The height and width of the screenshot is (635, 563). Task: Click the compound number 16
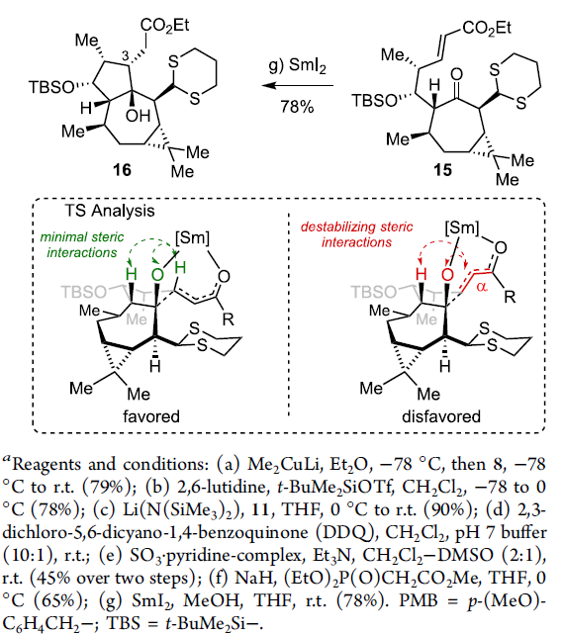click(122, 169)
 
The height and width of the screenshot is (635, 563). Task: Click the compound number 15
click(442, 170)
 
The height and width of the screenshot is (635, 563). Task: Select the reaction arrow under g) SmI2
click(298, 85)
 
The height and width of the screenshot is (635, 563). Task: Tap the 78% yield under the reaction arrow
click(297, 107)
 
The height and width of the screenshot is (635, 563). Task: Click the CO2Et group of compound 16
click(164, 26)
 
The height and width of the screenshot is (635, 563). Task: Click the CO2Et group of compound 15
click(487, 29)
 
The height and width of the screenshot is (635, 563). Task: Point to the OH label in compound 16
click(138, 117)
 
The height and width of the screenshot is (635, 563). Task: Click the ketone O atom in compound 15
click(456, 74)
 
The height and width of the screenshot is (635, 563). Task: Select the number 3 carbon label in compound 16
click(126, 56)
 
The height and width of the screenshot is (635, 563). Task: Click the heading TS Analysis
click(110, 211)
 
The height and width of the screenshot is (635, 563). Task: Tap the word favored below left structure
click(151, 416)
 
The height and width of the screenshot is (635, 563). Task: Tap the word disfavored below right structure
click(441, 416)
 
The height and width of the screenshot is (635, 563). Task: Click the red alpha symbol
click(482, 287)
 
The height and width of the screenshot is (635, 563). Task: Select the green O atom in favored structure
click(157, 275)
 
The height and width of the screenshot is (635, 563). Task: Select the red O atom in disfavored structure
click(447, 275)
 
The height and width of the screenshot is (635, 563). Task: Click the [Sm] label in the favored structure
click(192, 237)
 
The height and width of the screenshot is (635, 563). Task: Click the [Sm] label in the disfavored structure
click(462, 228)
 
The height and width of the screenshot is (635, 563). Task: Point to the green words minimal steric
click(82, 237)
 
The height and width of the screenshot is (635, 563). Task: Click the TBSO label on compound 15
click(374, 101)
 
